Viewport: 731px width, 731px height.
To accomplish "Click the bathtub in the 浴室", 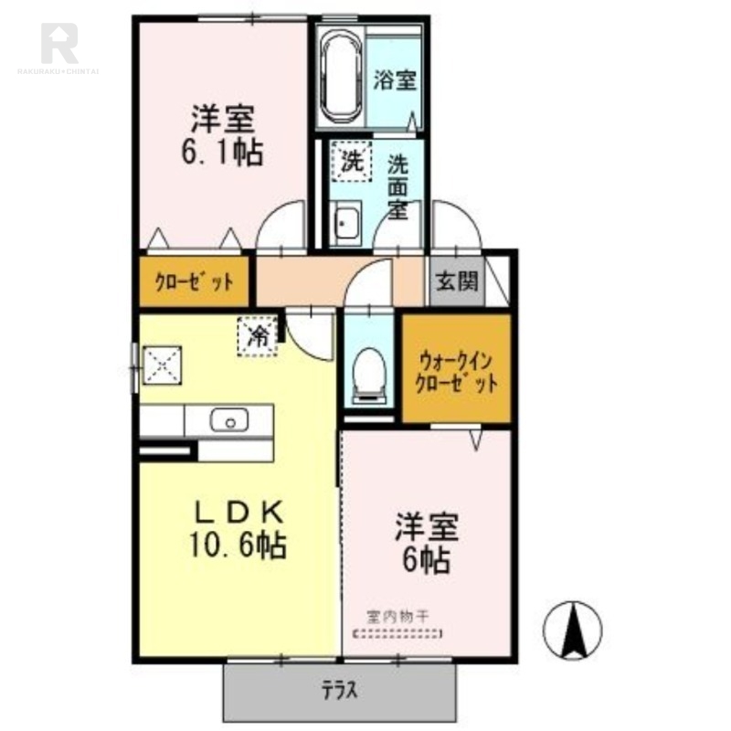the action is pos(342,78).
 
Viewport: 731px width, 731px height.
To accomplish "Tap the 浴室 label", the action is pos(395,80).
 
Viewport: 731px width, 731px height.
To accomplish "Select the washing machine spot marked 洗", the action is pos(352,162).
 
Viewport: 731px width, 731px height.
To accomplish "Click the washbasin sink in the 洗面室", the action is pos(345,223).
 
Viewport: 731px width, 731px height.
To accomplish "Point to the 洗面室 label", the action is pos(398,187).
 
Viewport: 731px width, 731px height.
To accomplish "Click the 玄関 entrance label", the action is pos(457,281).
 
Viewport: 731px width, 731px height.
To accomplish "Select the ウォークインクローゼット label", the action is pos(456,373).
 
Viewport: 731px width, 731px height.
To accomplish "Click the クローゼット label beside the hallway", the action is pos(194,281).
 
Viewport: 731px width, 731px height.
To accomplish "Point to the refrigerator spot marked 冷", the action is pos(258,336).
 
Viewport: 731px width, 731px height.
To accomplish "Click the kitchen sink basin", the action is pos(229,420).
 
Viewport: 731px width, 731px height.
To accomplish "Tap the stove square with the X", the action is pos(162,365).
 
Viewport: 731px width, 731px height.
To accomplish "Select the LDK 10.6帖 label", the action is pos(238,528).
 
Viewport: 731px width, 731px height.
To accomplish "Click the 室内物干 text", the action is pos(397,618).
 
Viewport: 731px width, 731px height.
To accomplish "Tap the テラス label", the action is pos(339,690).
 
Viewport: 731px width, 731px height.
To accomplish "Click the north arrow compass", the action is pos(573,630).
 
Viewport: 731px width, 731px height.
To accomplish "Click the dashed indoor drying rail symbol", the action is pos(397,633).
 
